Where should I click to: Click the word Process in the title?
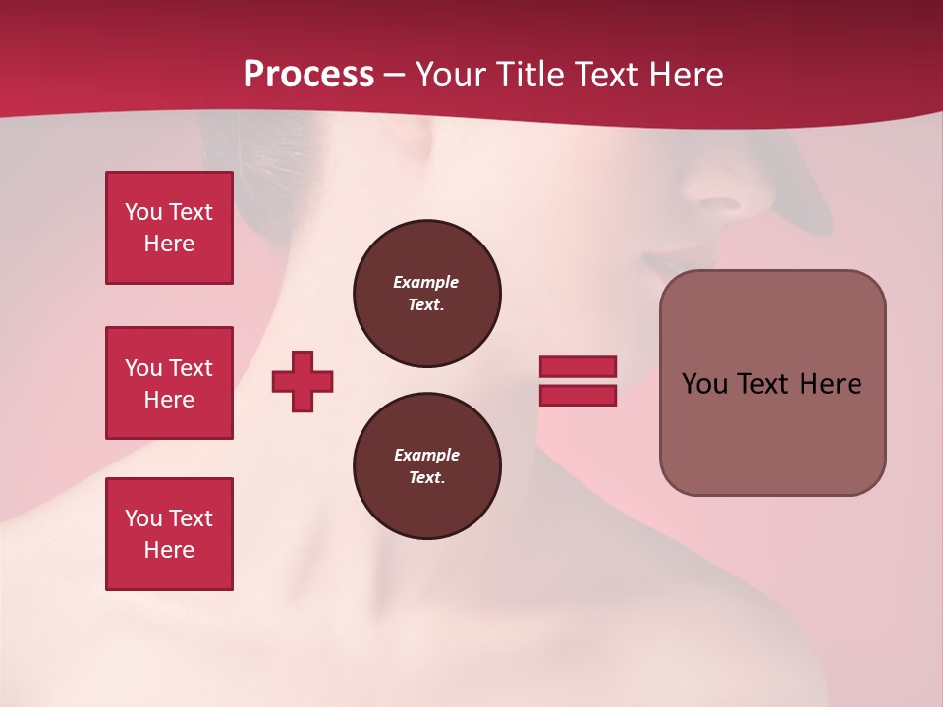tap(308, 75)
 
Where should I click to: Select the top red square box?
tap(169, 228)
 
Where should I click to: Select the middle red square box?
tap(169, 383)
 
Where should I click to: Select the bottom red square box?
tap(169, 534)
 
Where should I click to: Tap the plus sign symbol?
tap(303, 381)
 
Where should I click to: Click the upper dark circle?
tap(426, 294)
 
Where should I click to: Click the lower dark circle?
tap(426, 466)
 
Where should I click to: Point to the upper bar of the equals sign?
tap(578, 366)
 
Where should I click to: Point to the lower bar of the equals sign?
tap(578, 395)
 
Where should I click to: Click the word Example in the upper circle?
tap(425, 282)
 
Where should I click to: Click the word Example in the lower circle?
tap(426, 455)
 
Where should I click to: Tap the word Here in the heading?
tap(686, 75)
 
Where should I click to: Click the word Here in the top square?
tap(169, 244)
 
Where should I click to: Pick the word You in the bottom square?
tap(142, 518)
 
